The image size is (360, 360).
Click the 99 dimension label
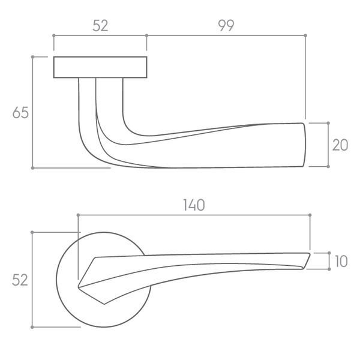[x=225, y=26]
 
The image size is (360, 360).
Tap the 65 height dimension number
[x=20, y=113]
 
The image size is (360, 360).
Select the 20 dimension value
[x=340, y=145]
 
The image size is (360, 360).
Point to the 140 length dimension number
[x=194, y=205]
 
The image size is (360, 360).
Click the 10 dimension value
[x=341, y=261]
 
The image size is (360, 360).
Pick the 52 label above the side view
[x=101, y=26]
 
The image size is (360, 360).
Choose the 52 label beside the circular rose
[x=20, y=280]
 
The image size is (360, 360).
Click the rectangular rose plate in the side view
[x=100, y=67]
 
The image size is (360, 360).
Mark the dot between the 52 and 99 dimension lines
[x=147, y=36]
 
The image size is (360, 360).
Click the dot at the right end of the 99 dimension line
[x=306, y=36]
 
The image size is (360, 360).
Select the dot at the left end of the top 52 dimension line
[x=54, y=36]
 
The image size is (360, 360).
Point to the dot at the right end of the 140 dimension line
[x=310, y=214]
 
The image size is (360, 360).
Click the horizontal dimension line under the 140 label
[x=194, y=214]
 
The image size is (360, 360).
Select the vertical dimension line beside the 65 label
[x=32, y=113]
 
